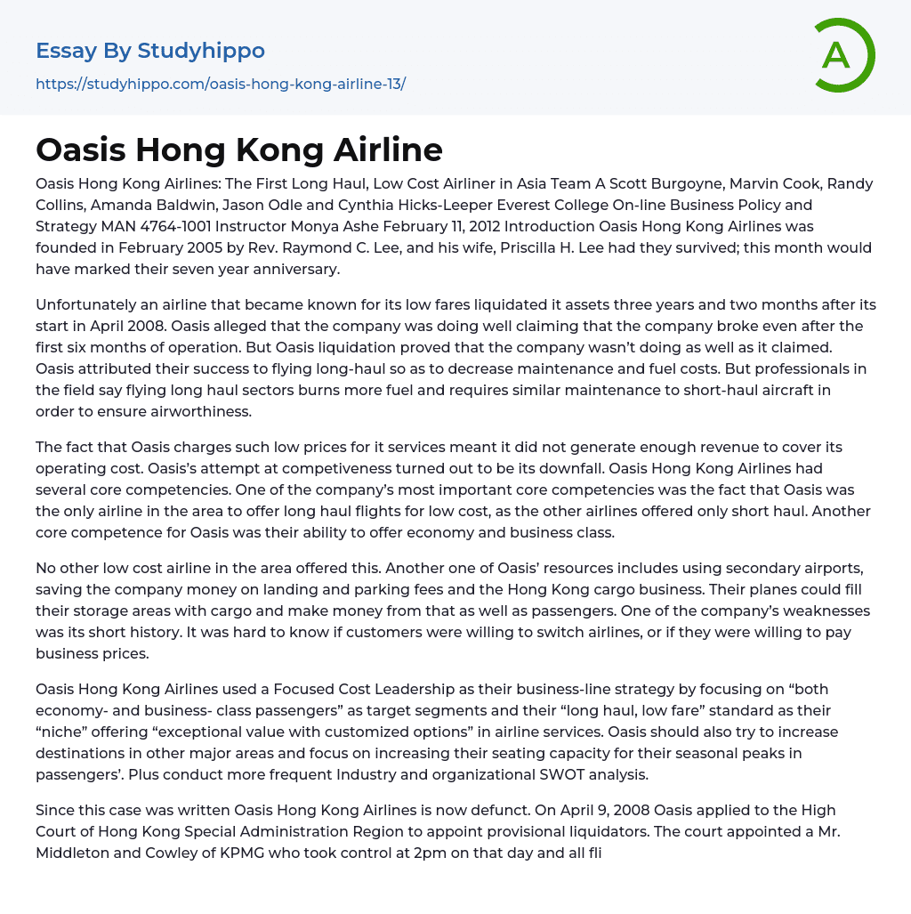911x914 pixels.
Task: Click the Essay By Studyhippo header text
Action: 150,51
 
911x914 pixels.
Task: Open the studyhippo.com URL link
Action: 221,84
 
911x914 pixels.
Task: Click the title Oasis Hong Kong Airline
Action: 239,150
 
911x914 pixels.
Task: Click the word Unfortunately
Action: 86,304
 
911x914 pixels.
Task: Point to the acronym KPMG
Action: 243,853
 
